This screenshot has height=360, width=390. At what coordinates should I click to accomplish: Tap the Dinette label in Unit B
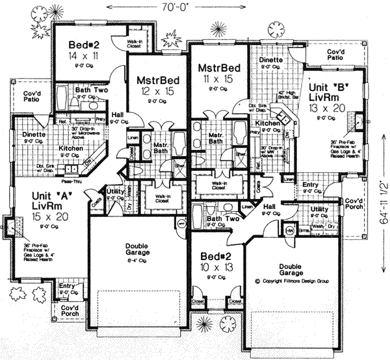pos(270,60)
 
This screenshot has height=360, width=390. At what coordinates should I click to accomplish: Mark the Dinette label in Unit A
pos(34,135)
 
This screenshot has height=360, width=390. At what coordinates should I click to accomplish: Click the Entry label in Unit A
pos(67,285)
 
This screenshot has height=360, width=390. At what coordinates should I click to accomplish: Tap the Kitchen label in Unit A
pos(70,149)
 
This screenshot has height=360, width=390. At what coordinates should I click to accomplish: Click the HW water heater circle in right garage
pos(291,229)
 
